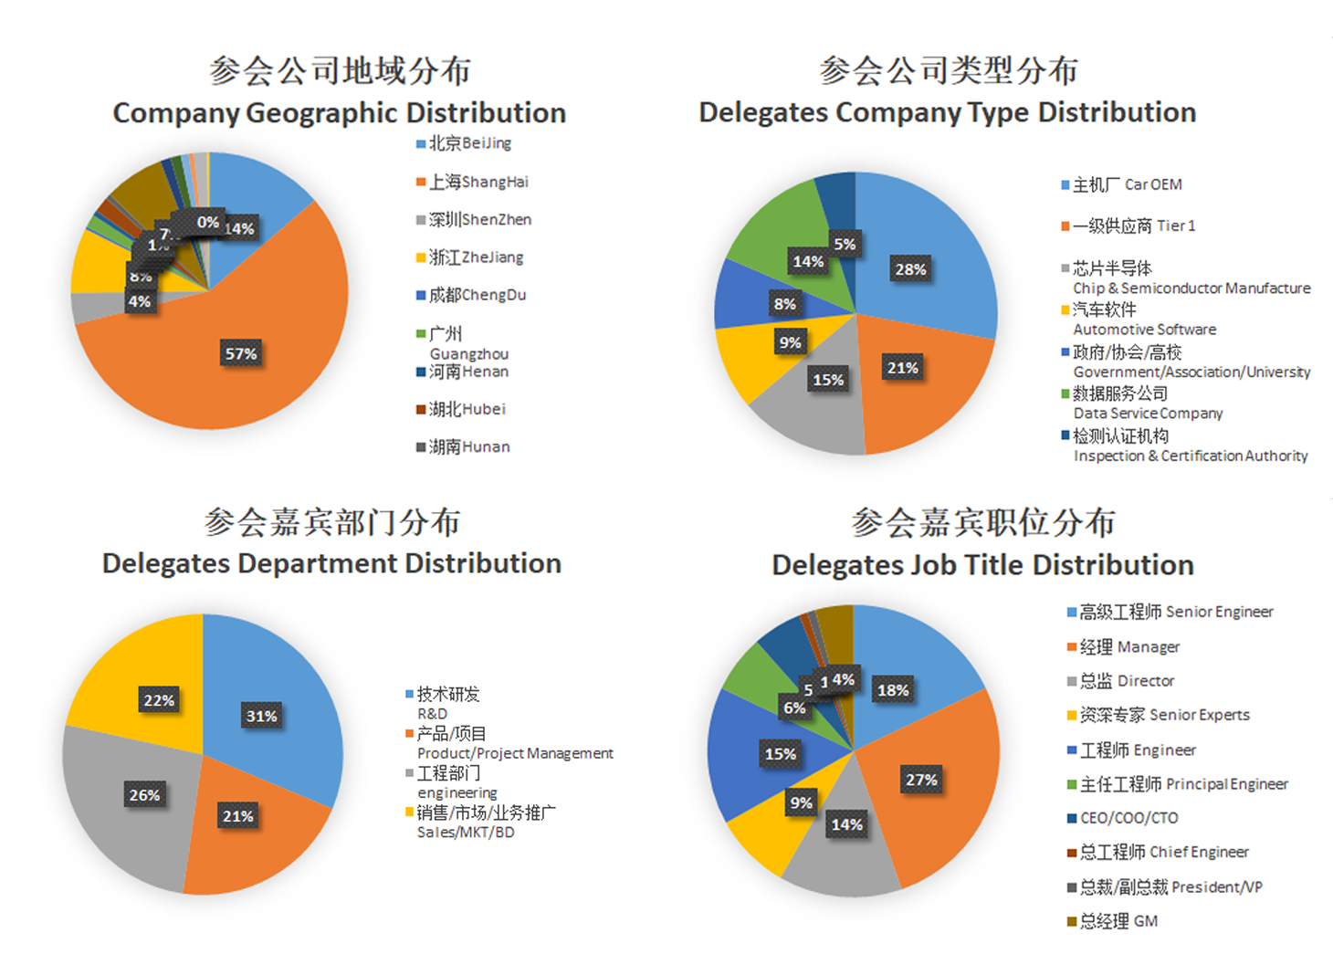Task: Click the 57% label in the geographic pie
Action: [241, 354]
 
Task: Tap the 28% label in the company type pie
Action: [910, 269]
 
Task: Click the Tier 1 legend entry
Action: [1133, 225]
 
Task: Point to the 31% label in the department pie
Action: [261, 716]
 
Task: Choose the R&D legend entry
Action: [447, 703]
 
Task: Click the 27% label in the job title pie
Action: [921, 780]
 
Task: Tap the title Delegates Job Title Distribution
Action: [982, 565]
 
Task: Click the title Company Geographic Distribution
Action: [339, 113]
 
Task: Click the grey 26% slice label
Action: [144, 795]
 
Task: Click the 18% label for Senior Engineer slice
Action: [893, 690]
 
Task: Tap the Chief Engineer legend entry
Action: [1164, 852]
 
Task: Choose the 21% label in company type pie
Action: [902, 368]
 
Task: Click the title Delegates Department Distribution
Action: [331, 564]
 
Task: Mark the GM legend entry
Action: [1118, 921]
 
